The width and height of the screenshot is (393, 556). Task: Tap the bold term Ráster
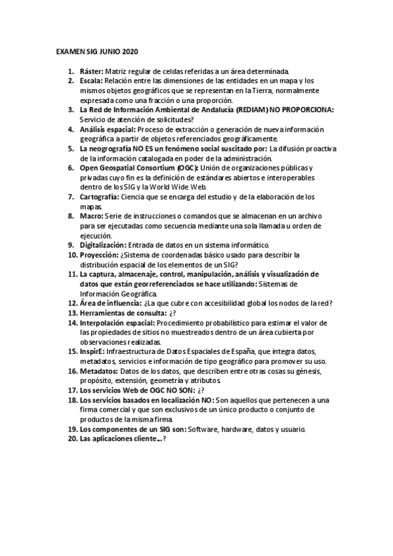90,71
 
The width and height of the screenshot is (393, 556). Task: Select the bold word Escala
91,81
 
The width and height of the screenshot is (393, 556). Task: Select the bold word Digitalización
99,245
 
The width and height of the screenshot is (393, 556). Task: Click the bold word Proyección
98,254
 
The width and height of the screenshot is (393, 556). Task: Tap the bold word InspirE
92,351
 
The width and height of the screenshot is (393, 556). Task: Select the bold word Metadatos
97,370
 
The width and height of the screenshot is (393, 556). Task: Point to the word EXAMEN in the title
69,51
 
